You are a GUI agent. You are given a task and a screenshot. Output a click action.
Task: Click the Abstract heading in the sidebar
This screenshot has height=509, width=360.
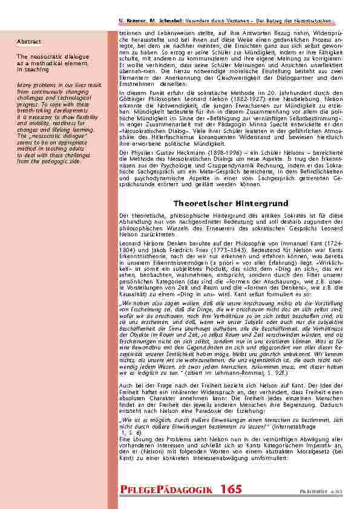click(x=29, y=42)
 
